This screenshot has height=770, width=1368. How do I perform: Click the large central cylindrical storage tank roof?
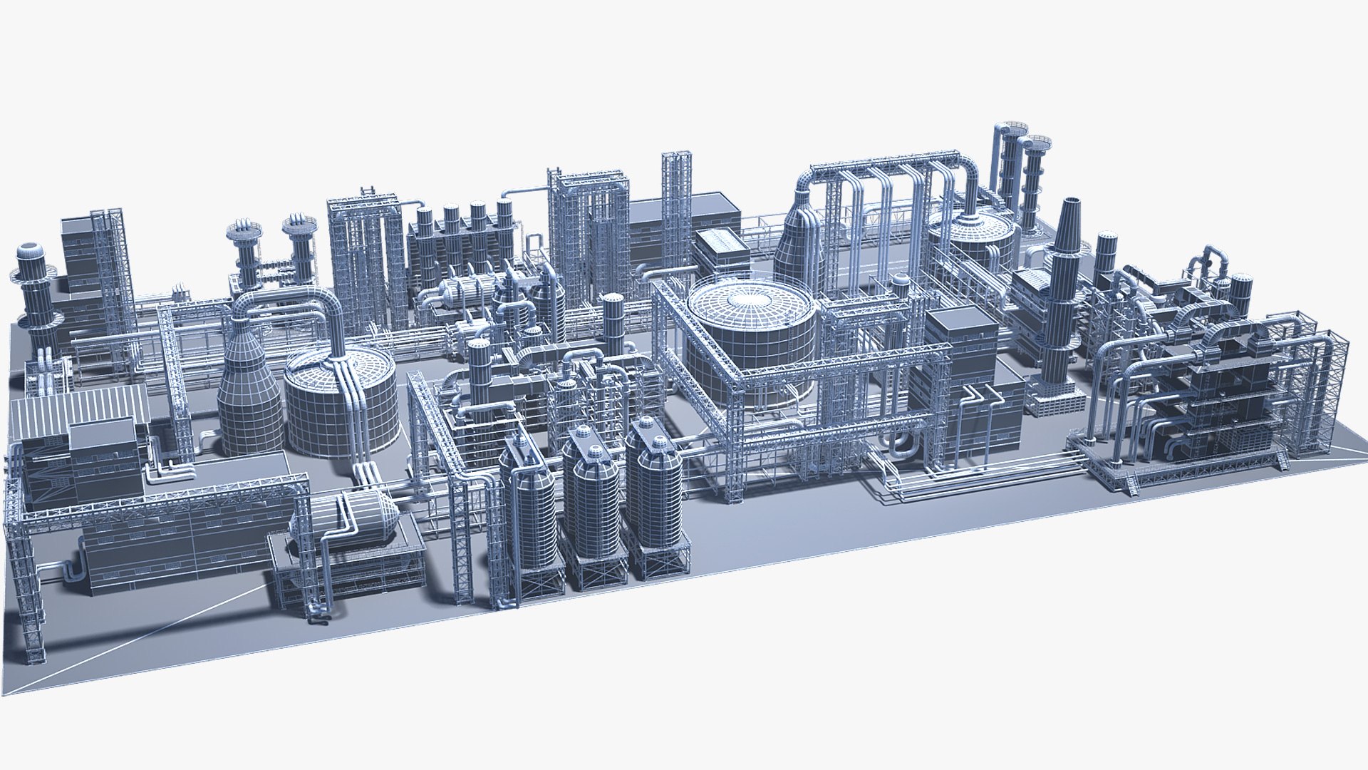click(x=750, y=300)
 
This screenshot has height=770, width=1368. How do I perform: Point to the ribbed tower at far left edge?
click(x=32, y=285)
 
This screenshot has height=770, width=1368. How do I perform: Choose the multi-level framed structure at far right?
click(x=1211, y=399)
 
